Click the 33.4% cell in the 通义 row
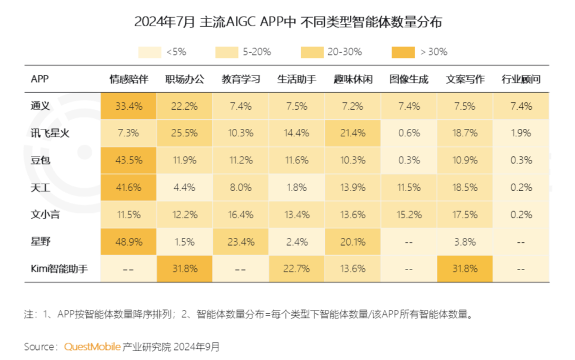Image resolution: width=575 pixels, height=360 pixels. (x=128, y=106)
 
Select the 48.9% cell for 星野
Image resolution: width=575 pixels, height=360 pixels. (x=128, y=242)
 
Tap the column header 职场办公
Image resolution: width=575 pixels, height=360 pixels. (x=184, y=79)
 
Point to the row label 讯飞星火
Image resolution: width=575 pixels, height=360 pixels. (x=50, y=133)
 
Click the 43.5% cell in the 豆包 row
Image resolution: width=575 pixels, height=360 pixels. (x=128, y=160)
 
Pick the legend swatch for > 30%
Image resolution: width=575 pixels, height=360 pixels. (x=402, y=52)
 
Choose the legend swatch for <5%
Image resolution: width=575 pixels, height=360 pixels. (x=150, y=52)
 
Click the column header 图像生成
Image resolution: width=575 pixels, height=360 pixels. (x=408, y=79)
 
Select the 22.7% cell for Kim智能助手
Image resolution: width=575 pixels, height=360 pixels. (x=297, y=269)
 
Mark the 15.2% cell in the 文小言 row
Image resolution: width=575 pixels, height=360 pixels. (x=408, y=215)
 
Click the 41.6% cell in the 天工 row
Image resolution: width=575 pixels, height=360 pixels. (x=128, y=187)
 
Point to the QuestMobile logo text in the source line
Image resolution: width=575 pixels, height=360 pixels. (x=92, y=347)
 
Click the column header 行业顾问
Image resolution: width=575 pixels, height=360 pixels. (x=521, y=79)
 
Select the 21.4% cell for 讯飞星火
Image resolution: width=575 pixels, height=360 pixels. (x=352, y=133)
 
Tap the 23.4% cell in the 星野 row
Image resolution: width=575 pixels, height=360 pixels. (x=241, y=242)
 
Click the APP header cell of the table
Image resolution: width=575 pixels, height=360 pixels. (x=40, y=79)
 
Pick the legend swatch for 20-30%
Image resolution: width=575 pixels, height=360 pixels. (x=311, y=52)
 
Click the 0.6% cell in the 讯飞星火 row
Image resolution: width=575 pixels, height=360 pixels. (x=408, y=133)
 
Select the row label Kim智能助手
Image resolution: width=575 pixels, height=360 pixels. (x=58, y=269)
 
